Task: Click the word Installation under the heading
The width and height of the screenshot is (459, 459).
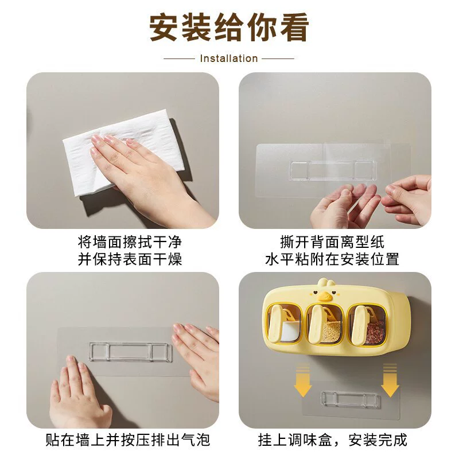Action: (228, 59)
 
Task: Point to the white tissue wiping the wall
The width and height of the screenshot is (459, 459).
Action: (117, 152)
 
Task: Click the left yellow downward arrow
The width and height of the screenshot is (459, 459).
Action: (303, 380)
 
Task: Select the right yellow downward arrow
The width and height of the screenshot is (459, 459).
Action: (390, 380)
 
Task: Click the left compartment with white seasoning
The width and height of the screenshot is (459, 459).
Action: (283, 324)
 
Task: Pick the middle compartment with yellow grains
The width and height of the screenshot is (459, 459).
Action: (325, 324)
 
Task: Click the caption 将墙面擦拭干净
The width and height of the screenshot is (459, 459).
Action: (130, 242)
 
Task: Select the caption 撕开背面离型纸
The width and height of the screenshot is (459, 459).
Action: (332, 242)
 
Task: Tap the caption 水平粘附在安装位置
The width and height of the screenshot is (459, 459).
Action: (332, 259)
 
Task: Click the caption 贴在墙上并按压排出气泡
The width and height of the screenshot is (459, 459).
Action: (127, 439)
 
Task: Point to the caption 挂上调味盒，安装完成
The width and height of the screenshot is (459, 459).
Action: (333, 439)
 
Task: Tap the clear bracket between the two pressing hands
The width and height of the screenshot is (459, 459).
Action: (131, 351)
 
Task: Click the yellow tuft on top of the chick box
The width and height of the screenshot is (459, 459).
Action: (325, 282)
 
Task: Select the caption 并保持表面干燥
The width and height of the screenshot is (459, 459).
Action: (130, 259)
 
